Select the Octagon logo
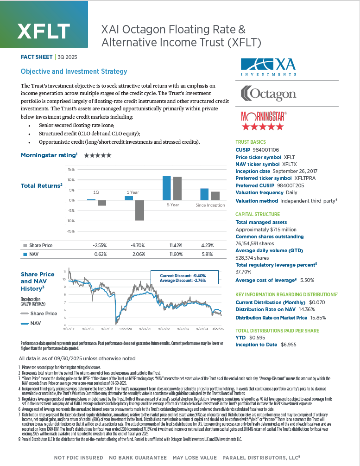(x=269, y=94)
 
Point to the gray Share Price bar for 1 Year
(x=138, y=211)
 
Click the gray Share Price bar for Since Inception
(x=215, y=196)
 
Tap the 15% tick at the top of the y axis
(x=71, y=169)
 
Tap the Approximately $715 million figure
(x=266, y=230)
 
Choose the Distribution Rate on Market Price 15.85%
(x=319, y=318)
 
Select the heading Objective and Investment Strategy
(x=74, y=71)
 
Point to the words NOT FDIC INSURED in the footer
(x=78, y=458)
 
